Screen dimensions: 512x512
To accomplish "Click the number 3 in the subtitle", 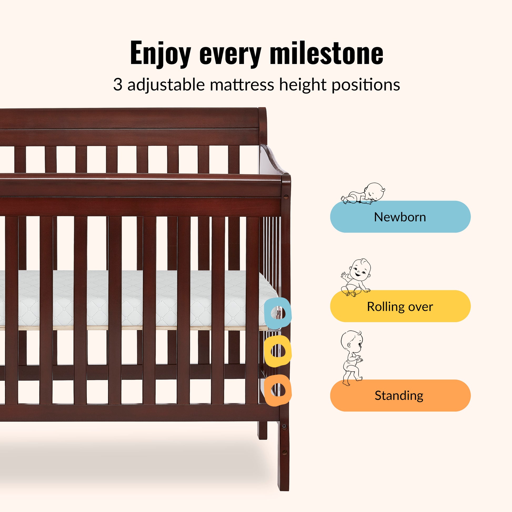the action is point(118,85).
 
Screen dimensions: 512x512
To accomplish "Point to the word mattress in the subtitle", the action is point(242,85).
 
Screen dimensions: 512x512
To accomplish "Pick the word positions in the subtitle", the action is point(366,85).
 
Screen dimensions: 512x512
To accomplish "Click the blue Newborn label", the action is point(400,217).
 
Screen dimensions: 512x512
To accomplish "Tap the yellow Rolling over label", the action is point(400,306).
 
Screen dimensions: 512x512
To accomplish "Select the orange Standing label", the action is point(400,395).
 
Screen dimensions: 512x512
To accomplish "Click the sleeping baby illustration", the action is point(363,194).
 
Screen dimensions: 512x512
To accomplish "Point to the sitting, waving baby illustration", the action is point(356,278).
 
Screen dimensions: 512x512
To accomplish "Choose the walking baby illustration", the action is point(352,358).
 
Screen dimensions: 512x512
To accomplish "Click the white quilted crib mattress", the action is point(138,298).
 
